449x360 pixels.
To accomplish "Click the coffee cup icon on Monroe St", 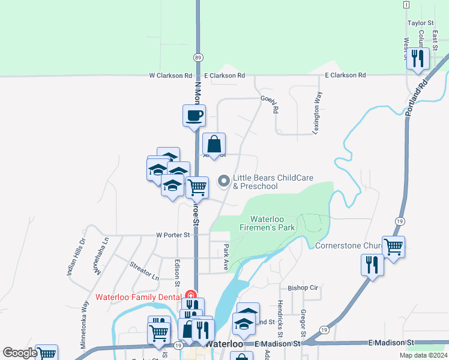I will pyautogui.click(x=194, y=115).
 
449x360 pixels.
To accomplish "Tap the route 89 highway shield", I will pyautogui.click(x=198, y=57).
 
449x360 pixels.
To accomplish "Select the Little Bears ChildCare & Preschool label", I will pyautogui.click(x=256, y=182).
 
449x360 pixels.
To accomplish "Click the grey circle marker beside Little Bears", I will pyautogui.click(x=224, y=180).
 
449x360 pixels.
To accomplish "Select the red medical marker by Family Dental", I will pyautogui.click(x=191, y=295).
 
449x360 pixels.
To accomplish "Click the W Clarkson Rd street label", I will pyautogui.click(x=170, y=76).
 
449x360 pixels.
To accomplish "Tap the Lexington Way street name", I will pyautogui.click(x=317, y=112).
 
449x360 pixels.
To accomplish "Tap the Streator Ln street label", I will pyautogui.click(x=145, y=271).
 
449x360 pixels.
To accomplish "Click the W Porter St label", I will pyautogui.click(x=173, y=235).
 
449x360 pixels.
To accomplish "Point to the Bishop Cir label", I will pyautogui.click(x=303, y=288).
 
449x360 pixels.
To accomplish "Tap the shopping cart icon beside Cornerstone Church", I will pyautogui.click(x=393, y=246).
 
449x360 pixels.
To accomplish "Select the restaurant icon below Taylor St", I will pyautogui.click(x=417, y=58).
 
